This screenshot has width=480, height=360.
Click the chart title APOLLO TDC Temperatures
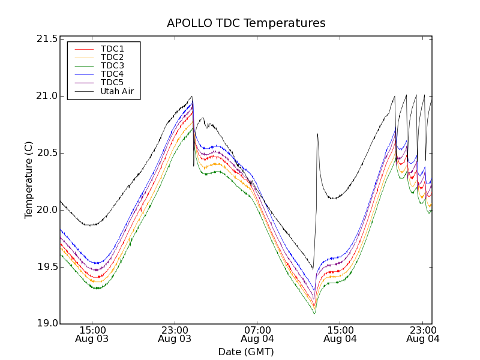246,23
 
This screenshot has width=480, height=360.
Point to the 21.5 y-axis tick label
47,39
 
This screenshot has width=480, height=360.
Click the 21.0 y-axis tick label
47,96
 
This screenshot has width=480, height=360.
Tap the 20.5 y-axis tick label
47,153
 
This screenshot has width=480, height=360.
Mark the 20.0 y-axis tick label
47,210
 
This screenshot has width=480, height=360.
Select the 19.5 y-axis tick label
47,267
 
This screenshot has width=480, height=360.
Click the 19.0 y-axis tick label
47,324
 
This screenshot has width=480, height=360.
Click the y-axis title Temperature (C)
29,180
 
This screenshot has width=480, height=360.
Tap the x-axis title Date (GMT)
246,352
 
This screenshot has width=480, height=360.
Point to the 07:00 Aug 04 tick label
257,334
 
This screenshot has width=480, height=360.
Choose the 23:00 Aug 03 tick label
175,334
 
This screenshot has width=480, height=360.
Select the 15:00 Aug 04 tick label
340,334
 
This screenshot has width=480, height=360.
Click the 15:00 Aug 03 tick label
92,334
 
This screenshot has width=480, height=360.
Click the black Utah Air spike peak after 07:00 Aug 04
317,134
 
